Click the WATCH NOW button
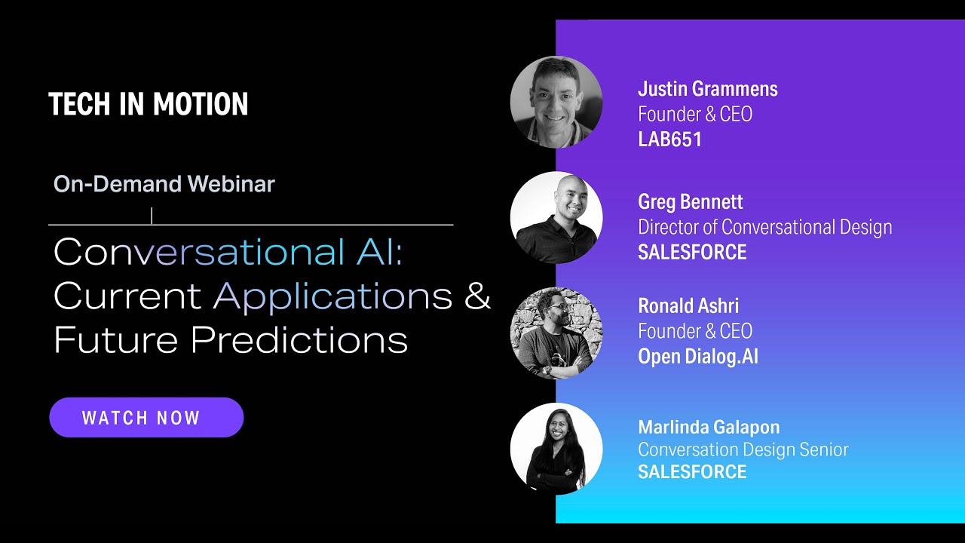click(146, 417)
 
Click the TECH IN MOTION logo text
click(149, 104)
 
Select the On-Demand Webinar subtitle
click(164, 184)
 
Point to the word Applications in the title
click(333, 297)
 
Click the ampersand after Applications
click(478, 295)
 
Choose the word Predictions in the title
click(299, 339)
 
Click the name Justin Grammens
click(708, 89)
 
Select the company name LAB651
click(670, 140)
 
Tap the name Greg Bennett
click(691, 202)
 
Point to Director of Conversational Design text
click(765, 227)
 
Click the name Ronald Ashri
click(688, 305)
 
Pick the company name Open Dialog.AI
click(698, 357)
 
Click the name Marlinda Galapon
click(709, 428)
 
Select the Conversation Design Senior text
click(743, 450)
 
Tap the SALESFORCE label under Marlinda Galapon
click(692, 472)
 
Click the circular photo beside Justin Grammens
click(556, 102)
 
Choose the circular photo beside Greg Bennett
click(556, 218)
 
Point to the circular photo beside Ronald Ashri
click(556, 333)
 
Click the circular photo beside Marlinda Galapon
click(556, 449)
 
